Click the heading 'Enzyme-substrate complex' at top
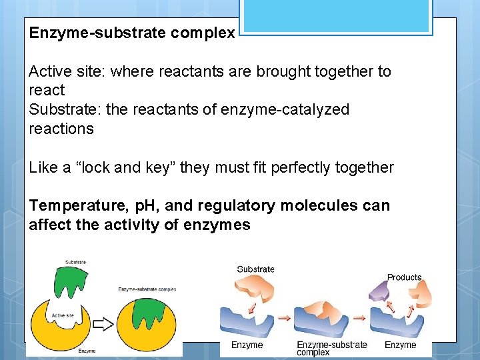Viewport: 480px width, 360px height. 131,33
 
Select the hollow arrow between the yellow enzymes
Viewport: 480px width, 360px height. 103,324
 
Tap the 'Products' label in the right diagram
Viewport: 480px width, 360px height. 404,277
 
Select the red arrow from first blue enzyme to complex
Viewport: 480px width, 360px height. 284,318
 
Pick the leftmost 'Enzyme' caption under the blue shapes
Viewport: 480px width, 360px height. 247,345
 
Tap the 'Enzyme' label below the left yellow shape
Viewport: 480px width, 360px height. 87,350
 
